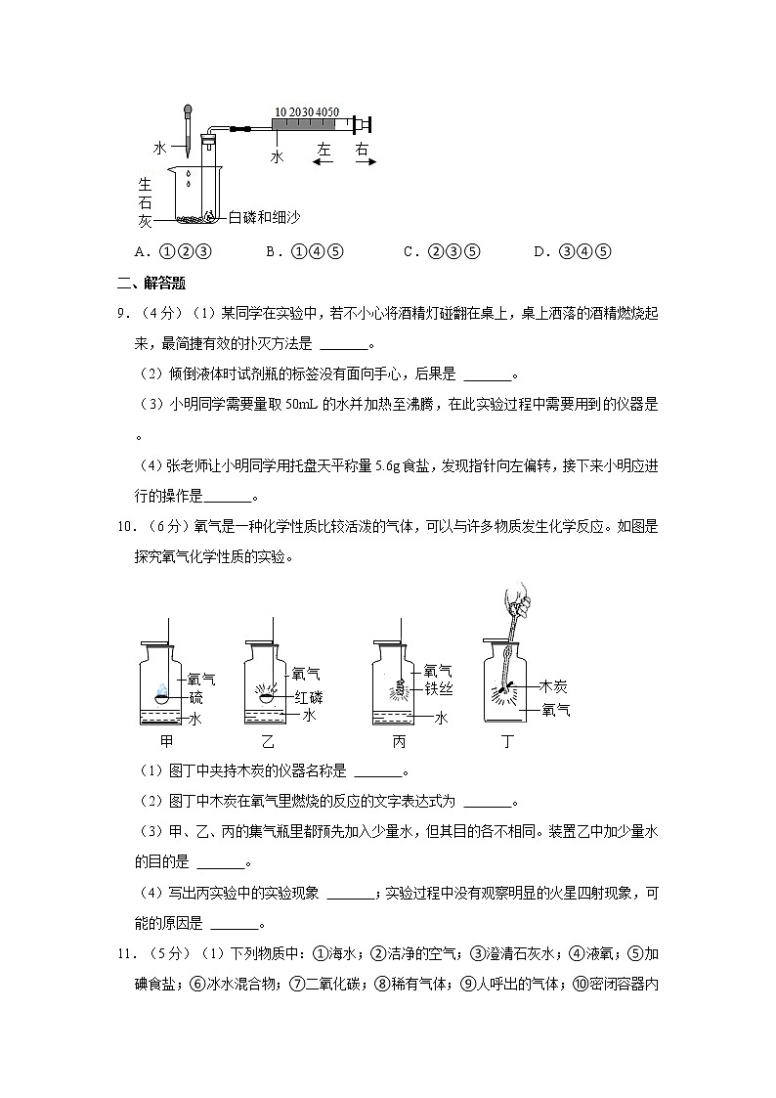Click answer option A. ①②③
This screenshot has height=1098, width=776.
173,252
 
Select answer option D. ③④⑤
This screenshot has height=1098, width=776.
573,252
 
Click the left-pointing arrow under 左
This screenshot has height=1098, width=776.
323,163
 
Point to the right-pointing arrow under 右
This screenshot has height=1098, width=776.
365,163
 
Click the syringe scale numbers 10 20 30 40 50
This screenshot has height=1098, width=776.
307,112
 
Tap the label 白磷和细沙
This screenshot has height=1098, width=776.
262,217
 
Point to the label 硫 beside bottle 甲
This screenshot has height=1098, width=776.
195,697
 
